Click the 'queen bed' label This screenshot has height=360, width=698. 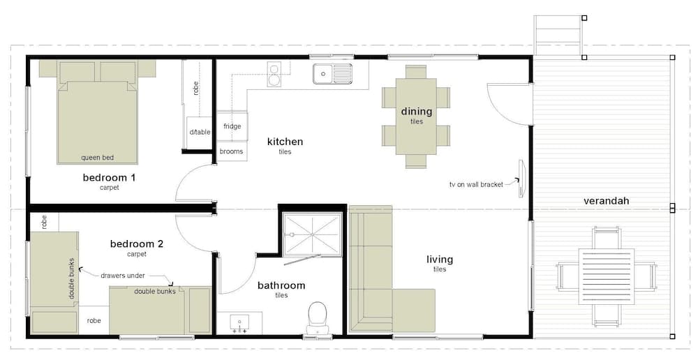tap(97, 157)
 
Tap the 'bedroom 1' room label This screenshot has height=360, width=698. tap(109, 177)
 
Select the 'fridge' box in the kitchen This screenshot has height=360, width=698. tap(232, 126)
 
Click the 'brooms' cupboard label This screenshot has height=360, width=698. tap(231, 151)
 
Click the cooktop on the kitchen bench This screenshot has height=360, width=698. tap(274, 74)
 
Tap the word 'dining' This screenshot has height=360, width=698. tap(416, 112)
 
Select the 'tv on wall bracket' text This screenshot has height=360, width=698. tap(476, 185)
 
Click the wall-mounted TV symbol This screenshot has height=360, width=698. tap(521, 178)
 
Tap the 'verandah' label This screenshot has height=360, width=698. tap(607, 201)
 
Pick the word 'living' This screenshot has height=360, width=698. tap(439, 260)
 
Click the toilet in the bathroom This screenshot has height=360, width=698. tap(318, 317)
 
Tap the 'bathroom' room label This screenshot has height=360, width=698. tap(281, 285)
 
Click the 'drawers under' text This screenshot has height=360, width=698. tap(123, 276)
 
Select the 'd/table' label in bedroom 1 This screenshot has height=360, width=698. tap(199, 132)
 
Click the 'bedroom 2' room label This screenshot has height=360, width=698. tap(137, 244)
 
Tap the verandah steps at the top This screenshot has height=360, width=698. tap(557, 35)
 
